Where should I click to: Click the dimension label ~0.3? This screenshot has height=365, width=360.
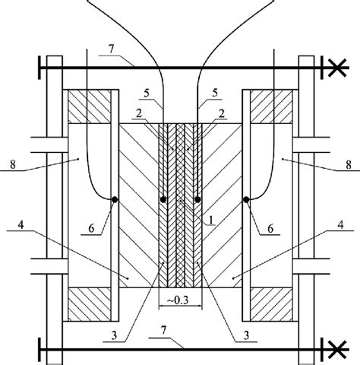tap(178, 300)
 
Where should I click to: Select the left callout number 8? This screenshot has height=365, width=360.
tap(13, 165)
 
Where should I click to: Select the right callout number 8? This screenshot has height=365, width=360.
tap(349, 165)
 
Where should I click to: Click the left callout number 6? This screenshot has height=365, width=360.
tap(91, 229)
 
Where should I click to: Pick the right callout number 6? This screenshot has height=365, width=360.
tap(270, 229)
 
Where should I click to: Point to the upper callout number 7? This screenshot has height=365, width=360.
tap(112, 49)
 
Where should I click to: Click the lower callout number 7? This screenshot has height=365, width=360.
tap(163, 331)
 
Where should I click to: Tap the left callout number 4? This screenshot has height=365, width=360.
tap(21, 225)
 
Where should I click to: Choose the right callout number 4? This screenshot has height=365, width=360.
tap(341, 225)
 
